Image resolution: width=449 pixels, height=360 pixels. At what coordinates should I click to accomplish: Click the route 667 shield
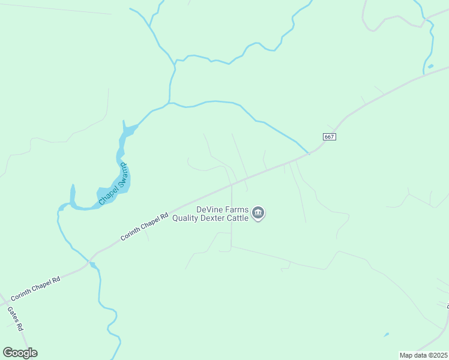[328, 137]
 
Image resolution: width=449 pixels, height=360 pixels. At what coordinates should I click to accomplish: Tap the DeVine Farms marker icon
[259, 213]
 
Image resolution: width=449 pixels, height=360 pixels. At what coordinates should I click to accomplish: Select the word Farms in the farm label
[236, 209]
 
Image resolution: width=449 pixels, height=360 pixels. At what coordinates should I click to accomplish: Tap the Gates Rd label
[15, 319]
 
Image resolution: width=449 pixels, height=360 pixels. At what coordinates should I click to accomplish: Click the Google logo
[20, 353]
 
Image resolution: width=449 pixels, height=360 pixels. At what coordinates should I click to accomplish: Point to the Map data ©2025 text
[424, 355]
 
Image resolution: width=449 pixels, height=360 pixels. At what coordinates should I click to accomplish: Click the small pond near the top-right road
[430, 66]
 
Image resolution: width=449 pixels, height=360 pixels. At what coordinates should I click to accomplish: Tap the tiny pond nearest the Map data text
[385, 334]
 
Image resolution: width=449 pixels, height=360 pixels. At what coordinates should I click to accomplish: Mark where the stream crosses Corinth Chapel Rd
[91, 263]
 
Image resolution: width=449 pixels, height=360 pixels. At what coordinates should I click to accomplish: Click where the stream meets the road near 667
[309, 154]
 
